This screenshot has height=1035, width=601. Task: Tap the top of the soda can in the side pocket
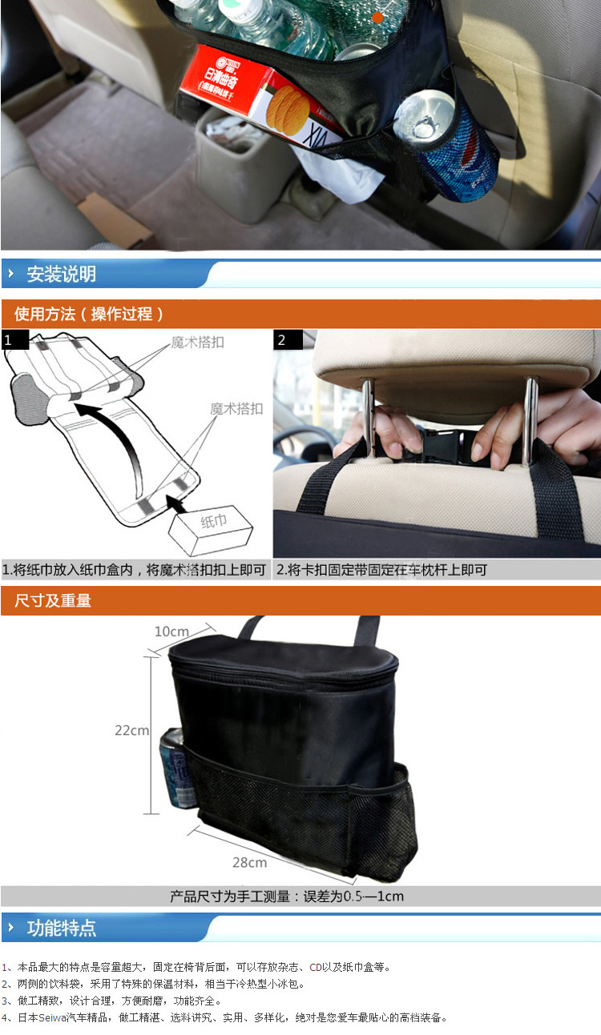click(423, 114)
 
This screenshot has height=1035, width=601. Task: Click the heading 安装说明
click(61, 274)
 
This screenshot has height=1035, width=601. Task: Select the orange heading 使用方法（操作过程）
click(88, 315)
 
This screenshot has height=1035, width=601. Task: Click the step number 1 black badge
click(14, 339)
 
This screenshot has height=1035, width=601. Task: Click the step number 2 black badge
click(288, 339)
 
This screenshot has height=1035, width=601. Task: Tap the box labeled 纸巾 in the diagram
click(211, 530)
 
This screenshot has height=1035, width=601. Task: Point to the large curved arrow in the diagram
click(126, 439)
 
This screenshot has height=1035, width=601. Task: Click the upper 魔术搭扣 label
click(198, 343)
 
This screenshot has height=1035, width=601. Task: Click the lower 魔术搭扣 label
click(236, 409)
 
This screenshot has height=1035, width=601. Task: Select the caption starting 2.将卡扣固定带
click(381, 570)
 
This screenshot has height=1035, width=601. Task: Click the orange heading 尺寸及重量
click(53, 600)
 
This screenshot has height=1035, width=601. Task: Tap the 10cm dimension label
click(171, 632)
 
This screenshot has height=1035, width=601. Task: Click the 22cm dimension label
click(132, 731)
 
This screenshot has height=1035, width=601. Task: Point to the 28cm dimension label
click(250, 863)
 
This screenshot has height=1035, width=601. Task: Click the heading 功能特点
click(61, 929)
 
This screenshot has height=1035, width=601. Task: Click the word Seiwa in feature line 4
click(52, 1017)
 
